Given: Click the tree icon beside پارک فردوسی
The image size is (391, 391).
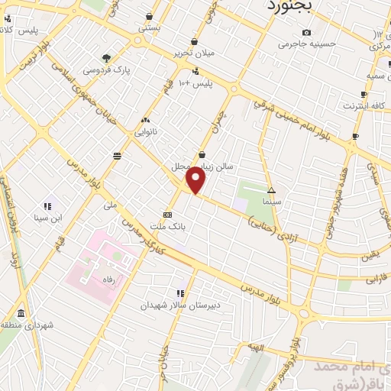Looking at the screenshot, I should (x=106, y=57).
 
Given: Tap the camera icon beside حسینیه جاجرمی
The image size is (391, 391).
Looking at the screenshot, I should (x=306, y=32).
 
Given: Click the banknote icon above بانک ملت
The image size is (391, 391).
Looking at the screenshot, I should (x=167, y=215).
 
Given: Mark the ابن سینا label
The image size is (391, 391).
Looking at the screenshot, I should (x=47, y=219).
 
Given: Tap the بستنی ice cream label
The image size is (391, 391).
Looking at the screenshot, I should (x=149, y=27).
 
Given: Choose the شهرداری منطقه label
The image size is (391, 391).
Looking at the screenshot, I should (x=27, y=326).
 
